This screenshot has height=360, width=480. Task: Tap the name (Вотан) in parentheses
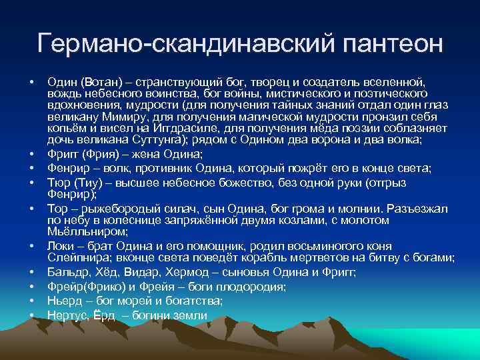click(x=97, y=81)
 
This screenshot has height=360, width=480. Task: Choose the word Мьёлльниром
click(x=80, y=232)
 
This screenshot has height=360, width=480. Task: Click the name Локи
click(x=60, y=245)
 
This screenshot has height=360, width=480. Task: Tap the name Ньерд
click(x=63, y=301)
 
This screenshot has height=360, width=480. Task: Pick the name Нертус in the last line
click(x=66, y=315)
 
